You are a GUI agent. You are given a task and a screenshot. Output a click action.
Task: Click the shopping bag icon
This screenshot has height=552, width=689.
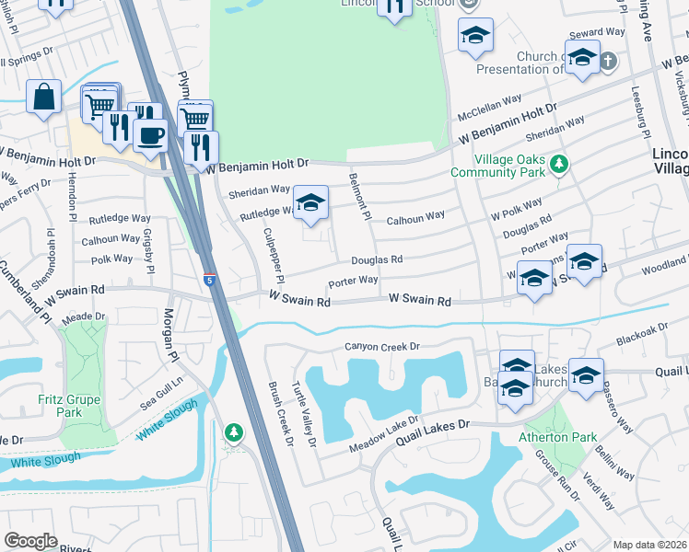[x=43, y=97]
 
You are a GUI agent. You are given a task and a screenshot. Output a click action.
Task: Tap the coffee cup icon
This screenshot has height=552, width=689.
[x=150, y=134]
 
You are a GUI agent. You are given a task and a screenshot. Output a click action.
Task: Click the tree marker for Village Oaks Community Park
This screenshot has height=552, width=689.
[x=557, y=164]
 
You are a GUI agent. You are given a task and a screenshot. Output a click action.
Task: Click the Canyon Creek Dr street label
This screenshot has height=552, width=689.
[x=381, y=347]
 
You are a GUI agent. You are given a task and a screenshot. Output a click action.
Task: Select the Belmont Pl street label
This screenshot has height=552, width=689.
[x=357, y=198]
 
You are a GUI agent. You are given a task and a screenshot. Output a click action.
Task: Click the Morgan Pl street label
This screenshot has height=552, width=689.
[x=169, y=339]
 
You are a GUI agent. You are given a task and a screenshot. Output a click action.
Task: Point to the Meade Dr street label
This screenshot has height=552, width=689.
[x=83, y=316]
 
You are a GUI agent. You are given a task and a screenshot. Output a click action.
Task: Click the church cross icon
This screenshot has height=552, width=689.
[x=607, y=62]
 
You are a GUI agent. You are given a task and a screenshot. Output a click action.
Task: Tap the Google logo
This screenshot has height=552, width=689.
[x=30, y=541]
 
